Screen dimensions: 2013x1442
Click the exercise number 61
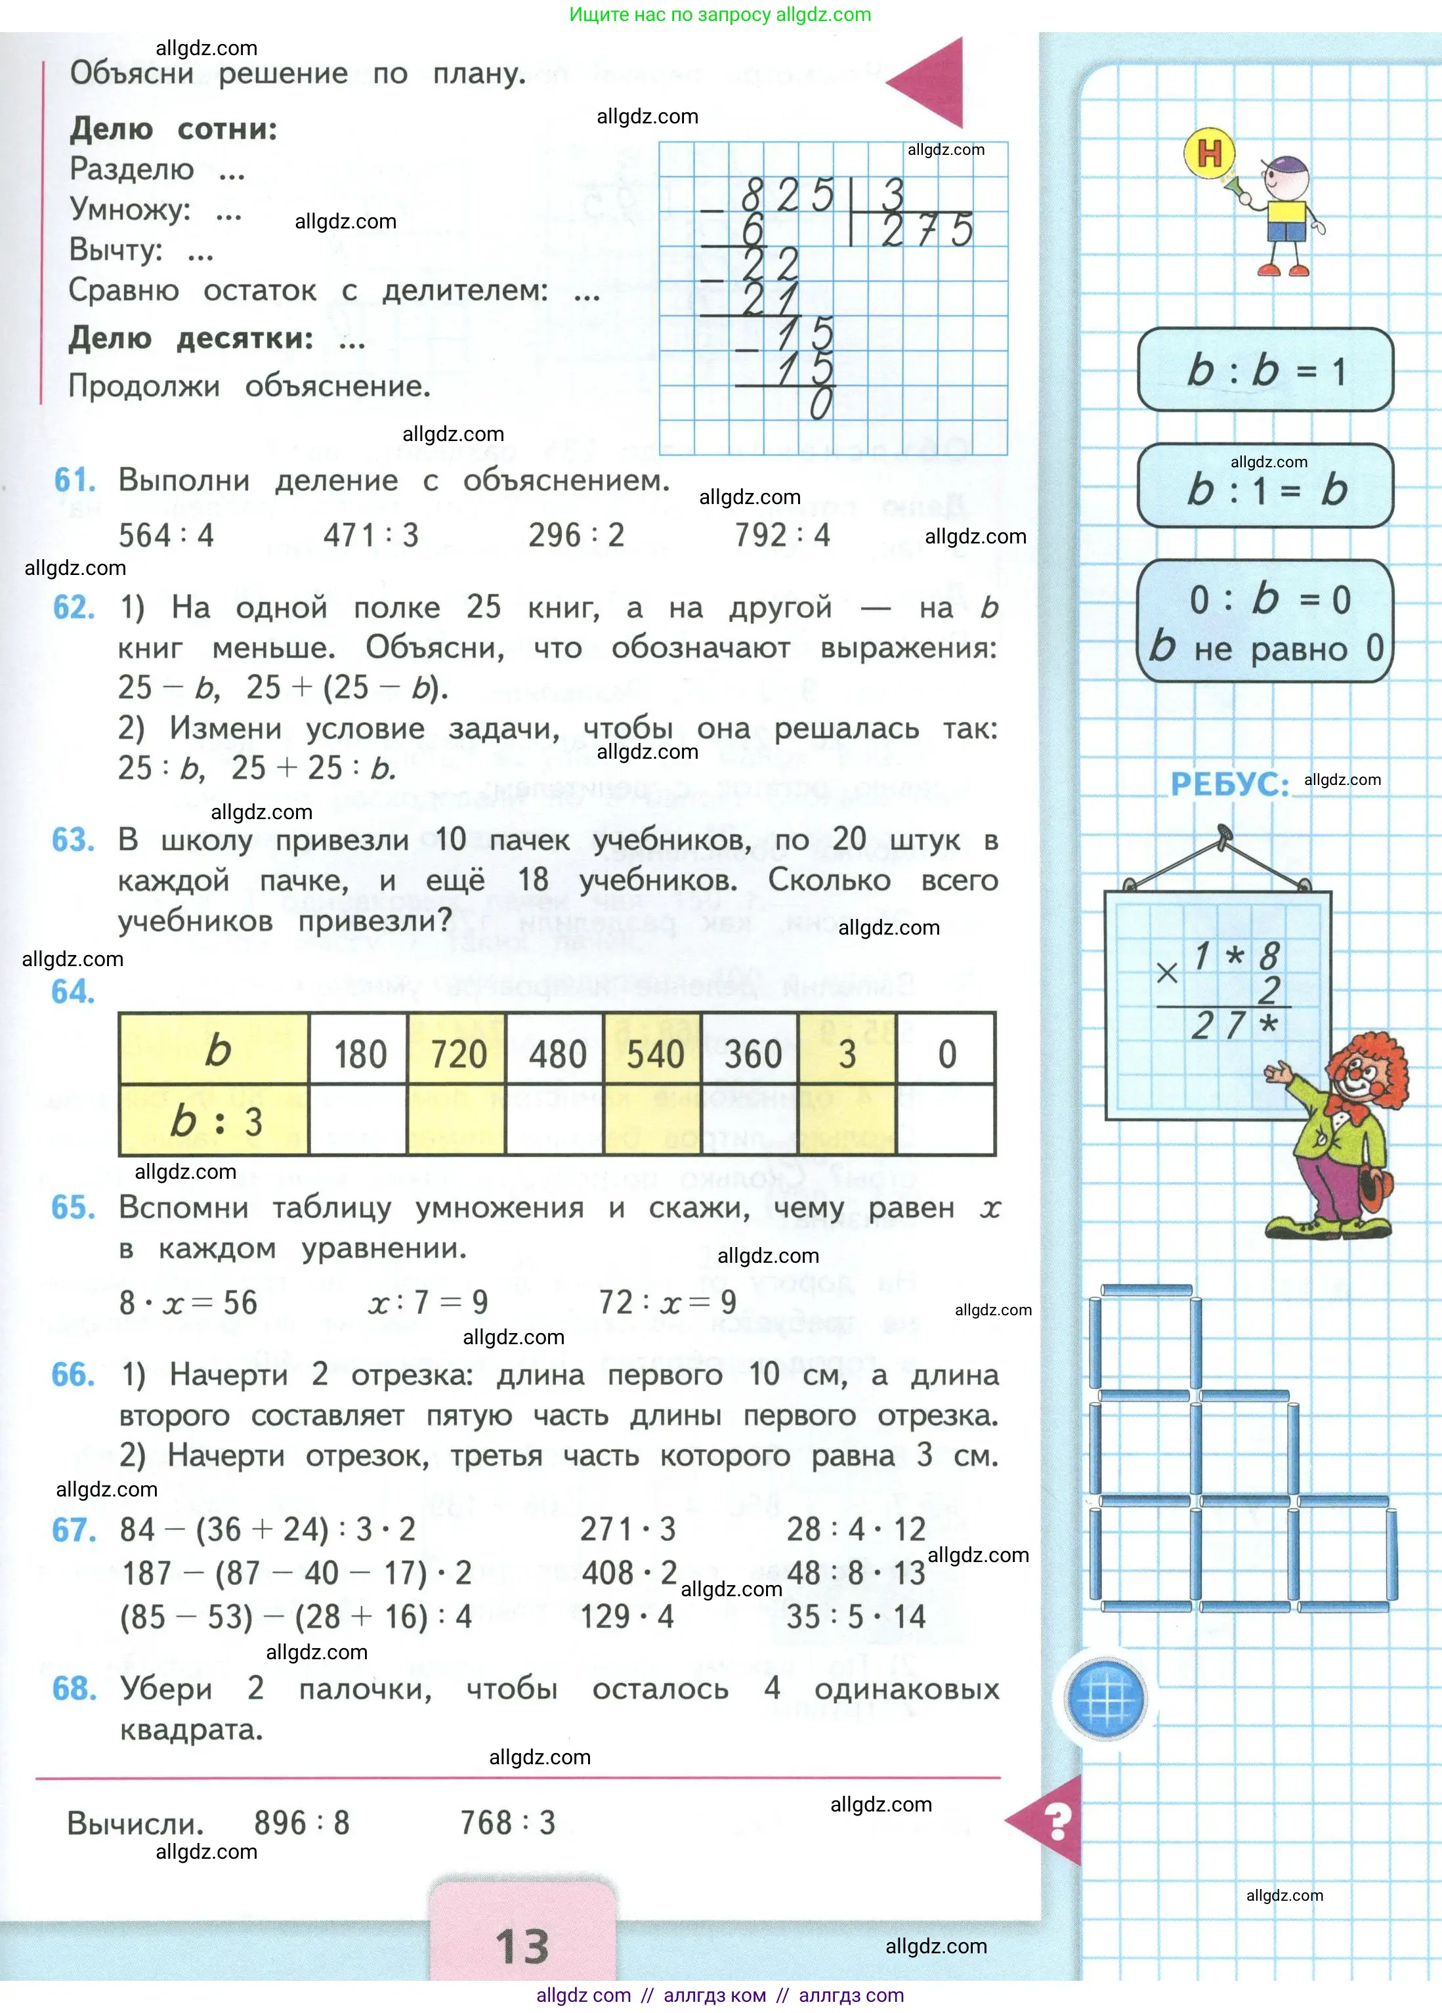coord(75,480)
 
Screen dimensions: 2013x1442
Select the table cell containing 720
coord(458,1053)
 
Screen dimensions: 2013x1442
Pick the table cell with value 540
coord(655,1053)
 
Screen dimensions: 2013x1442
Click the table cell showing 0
coord(947,1053)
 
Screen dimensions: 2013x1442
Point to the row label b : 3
coord(215,1121)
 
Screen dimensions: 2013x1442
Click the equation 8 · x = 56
coord(188,1303)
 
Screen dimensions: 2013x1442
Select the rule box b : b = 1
coord(1265,370)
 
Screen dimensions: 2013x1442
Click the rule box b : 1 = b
coord(1265,487)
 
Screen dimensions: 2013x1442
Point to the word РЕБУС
coord(1229,784)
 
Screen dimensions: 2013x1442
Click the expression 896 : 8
coord(302,1823)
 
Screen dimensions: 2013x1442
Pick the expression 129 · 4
coord(627,1617)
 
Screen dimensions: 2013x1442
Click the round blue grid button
coord(1106,1699)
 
